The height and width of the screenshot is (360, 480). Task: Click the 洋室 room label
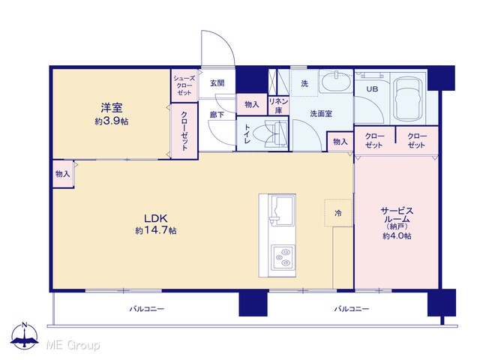click(x=112, y=108)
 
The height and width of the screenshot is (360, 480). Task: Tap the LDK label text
click(x=156, y=218)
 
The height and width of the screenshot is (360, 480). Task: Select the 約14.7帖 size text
click(x=156, y=230)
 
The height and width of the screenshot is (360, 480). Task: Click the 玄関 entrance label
click(x=217, y=83)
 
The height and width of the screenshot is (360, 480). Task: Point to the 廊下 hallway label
click(x=217, y=115)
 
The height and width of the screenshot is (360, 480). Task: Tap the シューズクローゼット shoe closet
click(x=184, y=85)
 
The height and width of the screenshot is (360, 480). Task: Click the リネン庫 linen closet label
click(x=278, y=106)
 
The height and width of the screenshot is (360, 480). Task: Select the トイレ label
click(x=247, y=134)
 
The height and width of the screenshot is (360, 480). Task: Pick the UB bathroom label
click(x=372, y=89)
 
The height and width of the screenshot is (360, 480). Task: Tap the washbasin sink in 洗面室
click(x=336, y=81)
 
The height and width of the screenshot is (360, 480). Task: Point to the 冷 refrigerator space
click(x=338, y=213)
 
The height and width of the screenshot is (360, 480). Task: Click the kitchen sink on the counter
click(x=282, y=210)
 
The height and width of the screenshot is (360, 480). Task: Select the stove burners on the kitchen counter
click(x=283, y=257)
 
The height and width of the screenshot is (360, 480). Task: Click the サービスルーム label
click(x=397, y=215)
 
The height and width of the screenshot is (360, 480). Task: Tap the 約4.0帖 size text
click(x=397, y=235)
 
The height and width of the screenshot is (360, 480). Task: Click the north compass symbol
click(x=25, y=335)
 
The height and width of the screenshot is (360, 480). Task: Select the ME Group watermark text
click(x=73, y=345)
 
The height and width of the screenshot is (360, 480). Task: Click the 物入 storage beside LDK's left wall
click(x=63, y=174)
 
